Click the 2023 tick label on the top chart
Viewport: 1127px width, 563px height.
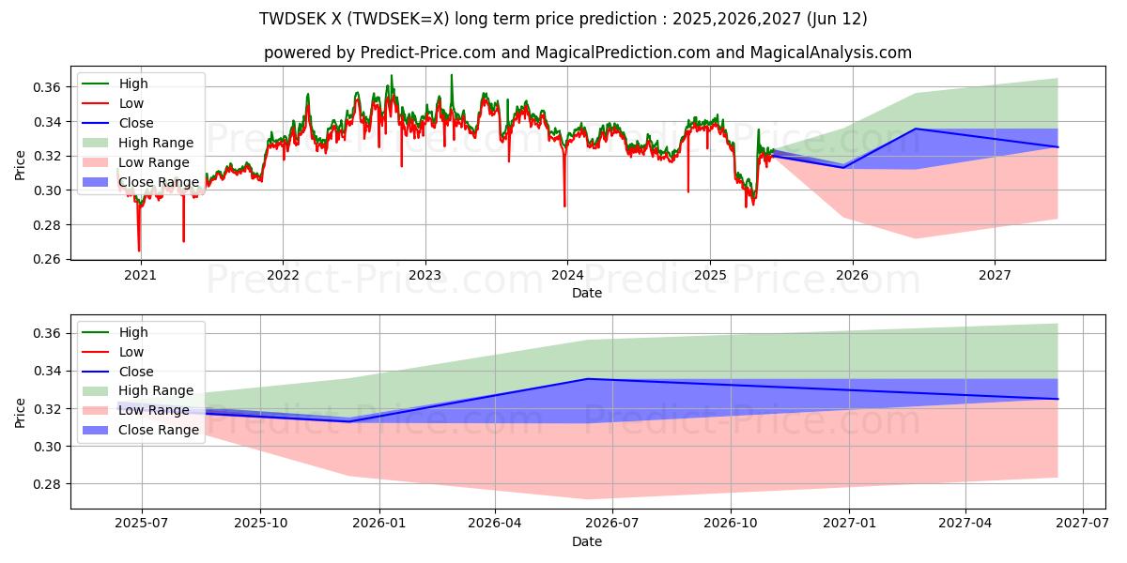tap(425, 275)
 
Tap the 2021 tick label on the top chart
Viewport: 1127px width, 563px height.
tap(140, 275)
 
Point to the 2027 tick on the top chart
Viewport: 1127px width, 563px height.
tap(995, 275)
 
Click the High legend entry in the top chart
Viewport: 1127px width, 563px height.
tap(132, 84)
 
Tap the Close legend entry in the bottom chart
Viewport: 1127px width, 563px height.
tap(136, 372)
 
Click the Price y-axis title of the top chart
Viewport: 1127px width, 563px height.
tap(21, 165)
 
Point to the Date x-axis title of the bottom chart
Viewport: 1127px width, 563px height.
tap(587, 541)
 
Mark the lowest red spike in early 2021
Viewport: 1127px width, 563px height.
tap(139, 250)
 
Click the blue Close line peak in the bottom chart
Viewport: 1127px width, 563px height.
tap(588, 379)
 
